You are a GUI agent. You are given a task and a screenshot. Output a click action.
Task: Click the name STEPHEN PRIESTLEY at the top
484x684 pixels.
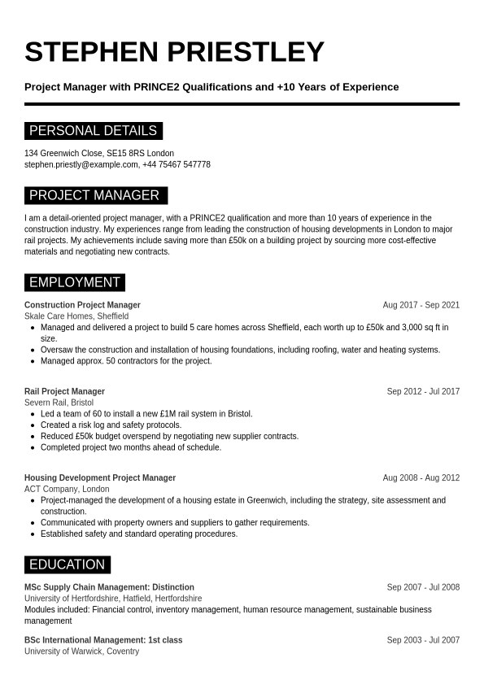(x=174, y=52)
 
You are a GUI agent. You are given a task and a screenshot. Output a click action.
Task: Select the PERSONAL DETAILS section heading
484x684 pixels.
(x=93, y=131)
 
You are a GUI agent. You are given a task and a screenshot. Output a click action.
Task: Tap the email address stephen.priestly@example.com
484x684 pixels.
(x=81, y=164)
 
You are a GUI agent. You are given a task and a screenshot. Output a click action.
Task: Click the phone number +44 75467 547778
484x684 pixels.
(x=177, y=164)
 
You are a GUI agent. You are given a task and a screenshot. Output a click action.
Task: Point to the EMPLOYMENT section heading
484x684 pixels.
(x=75, y=282)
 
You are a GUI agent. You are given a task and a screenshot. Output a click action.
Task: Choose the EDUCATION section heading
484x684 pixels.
(x=67, y=564)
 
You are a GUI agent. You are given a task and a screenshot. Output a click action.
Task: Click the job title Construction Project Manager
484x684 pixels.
(x=82, y=305)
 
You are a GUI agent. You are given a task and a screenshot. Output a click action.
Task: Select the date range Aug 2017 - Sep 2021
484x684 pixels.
(x=421, y=305)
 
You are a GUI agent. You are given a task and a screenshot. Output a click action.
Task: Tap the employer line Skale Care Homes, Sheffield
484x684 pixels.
(x=76, y=316)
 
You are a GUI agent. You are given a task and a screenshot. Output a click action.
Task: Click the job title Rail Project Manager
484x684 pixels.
(x=64, y=391)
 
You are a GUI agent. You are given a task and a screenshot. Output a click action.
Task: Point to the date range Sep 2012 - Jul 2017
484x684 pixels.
(x=423, y=391)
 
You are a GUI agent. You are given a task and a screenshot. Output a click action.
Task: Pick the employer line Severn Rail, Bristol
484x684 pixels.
(x=59, y=403)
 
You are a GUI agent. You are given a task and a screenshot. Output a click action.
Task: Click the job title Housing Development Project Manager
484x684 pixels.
(x=100, y=477)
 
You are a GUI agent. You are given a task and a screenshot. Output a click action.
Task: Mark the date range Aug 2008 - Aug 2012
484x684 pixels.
(x=421, y=477)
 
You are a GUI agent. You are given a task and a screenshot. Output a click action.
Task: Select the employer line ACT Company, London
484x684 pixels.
(x=67, y=489)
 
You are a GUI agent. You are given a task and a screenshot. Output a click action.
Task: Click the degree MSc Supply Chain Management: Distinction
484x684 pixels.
(x=109, y=586)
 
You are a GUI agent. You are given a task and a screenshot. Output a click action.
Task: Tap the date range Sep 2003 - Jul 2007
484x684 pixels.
(x=423, y=640)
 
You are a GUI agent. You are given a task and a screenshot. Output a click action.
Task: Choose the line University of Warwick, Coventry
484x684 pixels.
(x=81, y=651)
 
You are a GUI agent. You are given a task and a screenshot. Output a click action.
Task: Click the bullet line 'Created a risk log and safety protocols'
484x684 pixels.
(x=111, y=425)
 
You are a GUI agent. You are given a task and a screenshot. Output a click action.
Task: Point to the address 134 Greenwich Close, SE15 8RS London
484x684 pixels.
(x=99, y=153)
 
